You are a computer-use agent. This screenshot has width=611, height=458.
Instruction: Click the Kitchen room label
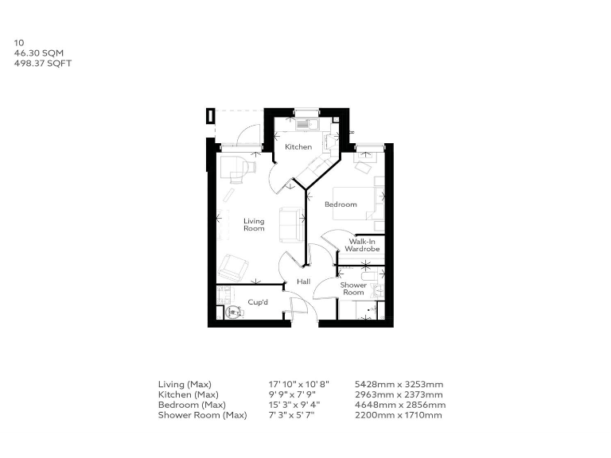[x=298, y=146]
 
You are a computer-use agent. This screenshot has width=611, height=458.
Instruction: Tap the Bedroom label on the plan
[x=341, y=204]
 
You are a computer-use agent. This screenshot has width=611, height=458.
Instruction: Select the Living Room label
[x=254, y=225]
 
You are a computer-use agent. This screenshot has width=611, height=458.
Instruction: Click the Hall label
[x=303, y=281]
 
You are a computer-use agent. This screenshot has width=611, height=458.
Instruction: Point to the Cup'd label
[x=257, y=302]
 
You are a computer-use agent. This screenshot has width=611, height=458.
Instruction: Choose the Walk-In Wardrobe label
[x=362, y=245]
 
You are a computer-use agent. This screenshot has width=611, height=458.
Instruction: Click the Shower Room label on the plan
[x=353, y=288]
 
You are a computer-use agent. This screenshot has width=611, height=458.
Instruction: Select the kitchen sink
[x=305, y=123]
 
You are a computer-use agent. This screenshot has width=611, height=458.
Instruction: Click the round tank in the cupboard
[x=233, y=312]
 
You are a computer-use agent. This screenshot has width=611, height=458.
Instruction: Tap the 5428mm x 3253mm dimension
[x=399, y=385]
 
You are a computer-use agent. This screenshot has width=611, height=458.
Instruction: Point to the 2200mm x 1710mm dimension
[x=399, y=414]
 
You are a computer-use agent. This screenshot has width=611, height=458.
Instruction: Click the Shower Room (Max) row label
[x=202, y=414]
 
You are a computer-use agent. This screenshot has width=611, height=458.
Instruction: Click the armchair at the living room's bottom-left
[x=235, y=264]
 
